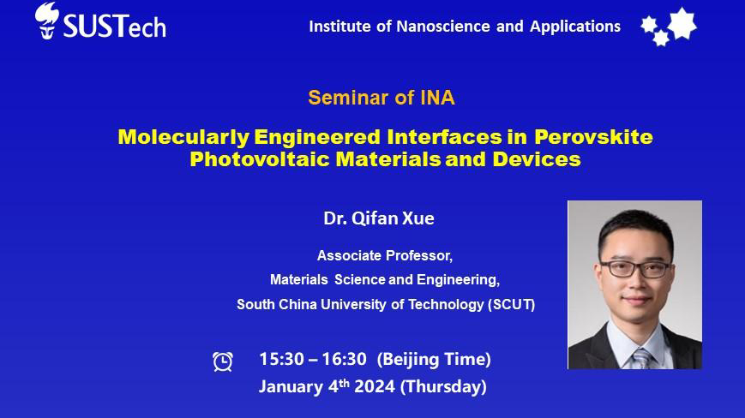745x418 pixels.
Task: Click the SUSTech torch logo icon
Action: tap(46, 21)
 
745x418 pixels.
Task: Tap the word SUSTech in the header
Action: tap(115, 26)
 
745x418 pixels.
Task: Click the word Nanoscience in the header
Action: tap(443, 26)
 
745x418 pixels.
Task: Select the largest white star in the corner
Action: tap(682, 23)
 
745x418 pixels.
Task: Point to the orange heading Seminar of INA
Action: tap(382, 98)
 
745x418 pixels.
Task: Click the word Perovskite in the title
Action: tap(593, 137)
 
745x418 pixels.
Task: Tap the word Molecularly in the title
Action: tap(183, 137)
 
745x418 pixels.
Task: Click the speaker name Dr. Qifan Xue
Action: tap(379, 218)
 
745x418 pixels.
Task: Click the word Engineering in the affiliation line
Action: tap(458, 280)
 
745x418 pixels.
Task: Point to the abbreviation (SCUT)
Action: tap(512, 304)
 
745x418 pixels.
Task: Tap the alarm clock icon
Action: tap(222, 361)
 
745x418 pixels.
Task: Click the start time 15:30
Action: tap(281, 359)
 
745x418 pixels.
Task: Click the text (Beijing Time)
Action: tap(434, 360)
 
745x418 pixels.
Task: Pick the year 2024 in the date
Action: tap(375, 386)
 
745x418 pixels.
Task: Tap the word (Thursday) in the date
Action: tap(443, 386)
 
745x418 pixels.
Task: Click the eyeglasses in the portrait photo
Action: tap(636, 269)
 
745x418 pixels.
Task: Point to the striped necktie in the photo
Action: tap(642, 359)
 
